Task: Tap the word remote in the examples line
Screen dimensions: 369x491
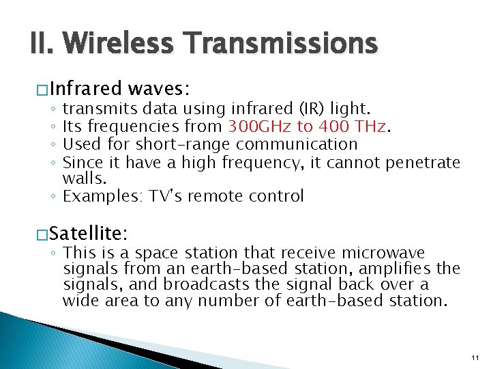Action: (x=209, y=197)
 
